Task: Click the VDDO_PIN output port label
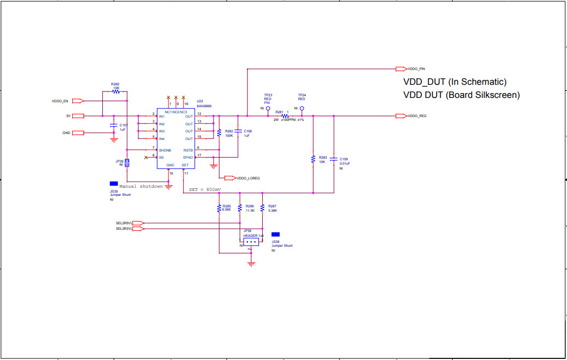click(x=416, y=69)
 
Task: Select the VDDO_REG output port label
click(x=416, y=116)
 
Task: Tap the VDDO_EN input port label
click(x=60, y=101)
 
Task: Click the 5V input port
click(x=78, y=116)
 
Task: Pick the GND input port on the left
click(x=78, y=133)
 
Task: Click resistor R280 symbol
click(x=116, y=92)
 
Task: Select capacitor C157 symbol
click(x=114, y=127)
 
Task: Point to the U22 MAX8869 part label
click(x=204, y=103)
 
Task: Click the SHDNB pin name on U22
click(x=165, y=149)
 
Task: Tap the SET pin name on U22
click(x=185, y=165)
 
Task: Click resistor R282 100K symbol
click(x=219, y=132)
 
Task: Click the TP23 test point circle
click(x=268, y=109)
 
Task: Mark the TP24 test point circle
click(x=302, y=109)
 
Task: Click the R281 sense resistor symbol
click(x=285, y=116)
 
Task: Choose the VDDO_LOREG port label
click(x=247, y=178)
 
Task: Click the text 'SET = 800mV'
click(x=205, y=189)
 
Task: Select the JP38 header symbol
click(x=251, y=241)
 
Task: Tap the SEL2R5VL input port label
click(x=124, y=223)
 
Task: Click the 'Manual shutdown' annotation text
click(x=141, y=186)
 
